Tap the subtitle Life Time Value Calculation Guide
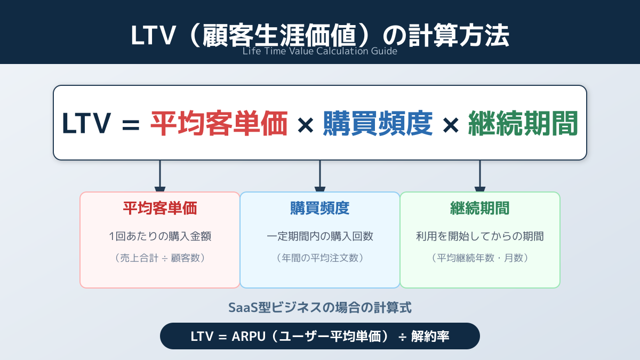[320, 52]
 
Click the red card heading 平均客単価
[160, 208]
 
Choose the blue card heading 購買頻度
[320, 208]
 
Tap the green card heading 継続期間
[480, 208]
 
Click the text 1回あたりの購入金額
[160, 236]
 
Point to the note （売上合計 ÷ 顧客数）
[160, 258]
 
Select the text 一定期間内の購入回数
[320, 236]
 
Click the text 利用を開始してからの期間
[480, 236]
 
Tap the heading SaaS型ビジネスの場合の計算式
[320, 308]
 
